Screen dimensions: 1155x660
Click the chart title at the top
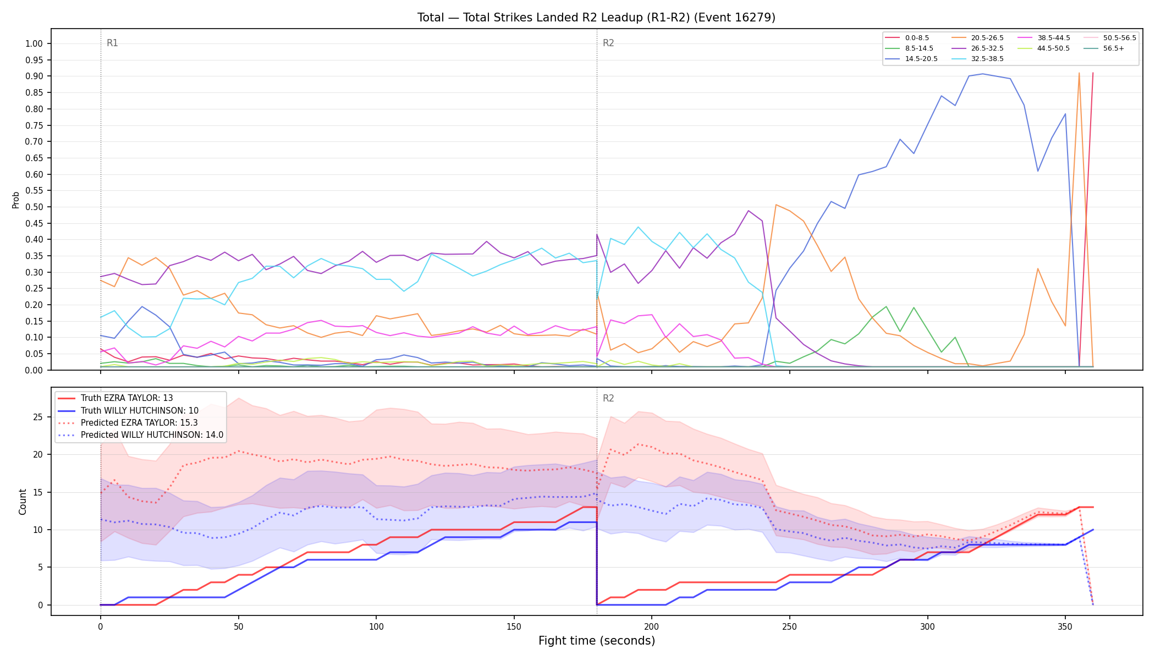tap(596, 18)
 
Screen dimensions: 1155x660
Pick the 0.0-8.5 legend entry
tap(907, 38)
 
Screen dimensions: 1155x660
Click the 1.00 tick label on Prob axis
tap(34, 44)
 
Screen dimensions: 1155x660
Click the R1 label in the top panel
tap(112, 43)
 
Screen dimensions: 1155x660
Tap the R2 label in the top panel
tap(608, 43)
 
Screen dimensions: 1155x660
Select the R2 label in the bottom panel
tap(608, 398)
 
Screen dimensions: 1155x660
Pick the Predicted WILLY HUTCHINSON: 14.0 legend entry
tap(141, 435)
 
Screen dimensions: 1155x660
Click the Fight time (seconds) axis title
tap(597, 641)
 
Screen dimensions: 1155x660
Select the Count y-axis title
tap(23, 502)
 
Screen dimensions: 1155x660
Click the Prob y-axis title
tap(15, 200)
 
